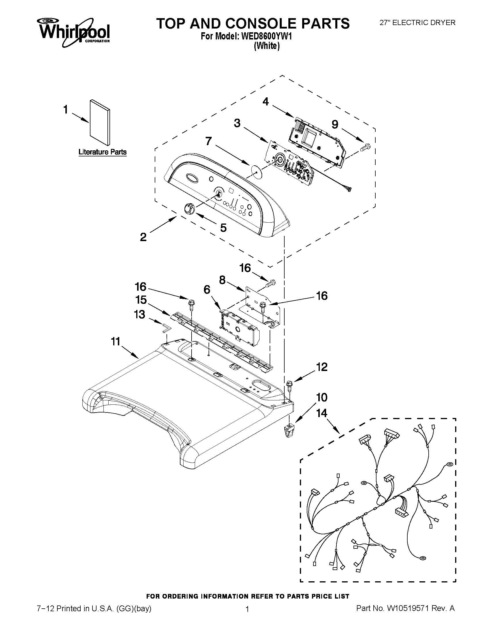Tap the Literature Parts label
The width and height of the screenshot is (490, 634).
(x=103, y=152)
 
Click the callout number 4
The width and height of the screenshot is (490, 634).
(x=265, y=102)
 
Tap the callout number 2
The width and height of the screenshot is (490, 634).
(x=143, y=237)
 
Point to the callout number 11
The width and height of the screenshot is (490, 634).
(x=116, y=342)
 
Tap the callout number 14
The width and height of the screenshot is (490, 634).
(x=322, y=413)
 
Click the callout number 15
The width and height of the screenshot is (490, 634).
(x=141, y=300)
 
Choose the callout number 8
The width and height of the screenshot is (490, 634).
(x=222, y=280)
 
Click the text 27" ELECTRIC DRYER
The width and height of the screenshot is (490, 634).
(x=417, y=23)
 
